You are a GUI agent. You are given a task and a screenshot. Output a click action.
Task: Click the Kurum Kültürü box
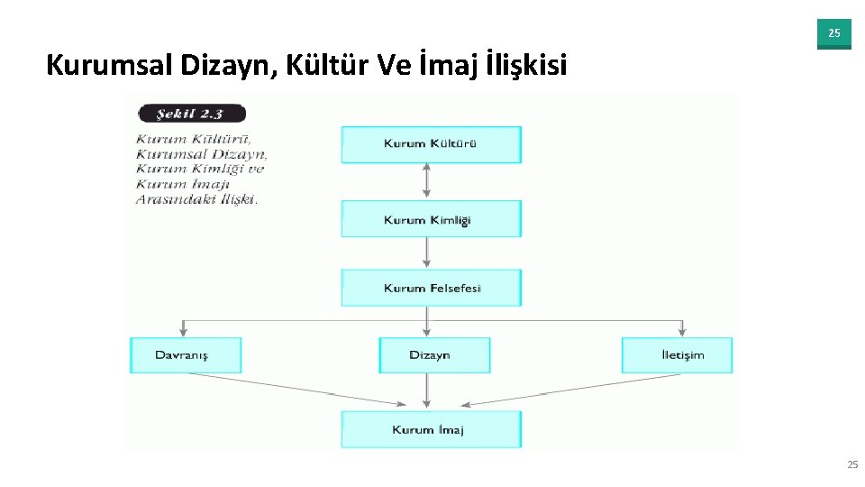point(431,144)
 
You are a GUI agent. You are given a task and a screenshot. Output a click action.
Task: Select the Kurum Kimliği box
point(431,220)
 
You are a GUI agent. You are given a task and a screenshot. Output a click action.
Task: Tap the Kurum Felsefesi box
point(431,288)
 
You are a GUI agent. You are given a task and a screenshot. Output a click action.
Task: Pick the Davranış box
point(186,354)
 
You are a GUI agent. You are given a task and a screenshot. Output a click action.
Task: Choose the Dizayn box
point(434,354)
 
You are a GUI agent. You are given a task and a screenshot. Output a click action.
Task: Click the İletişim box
point(677,354)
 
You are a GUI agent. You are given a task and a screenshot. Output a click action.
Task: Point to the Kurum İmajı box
point(431,429)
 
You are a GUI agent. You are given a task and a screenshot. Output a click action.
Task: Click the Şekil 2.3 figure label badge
point(190,114)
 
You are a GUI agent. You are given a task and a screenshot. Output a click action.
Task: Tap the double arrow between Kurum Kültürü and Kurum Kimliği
point(427,181)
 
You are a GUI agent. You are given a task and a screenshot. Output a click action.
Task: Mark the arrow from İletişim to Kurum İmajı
point(577,390)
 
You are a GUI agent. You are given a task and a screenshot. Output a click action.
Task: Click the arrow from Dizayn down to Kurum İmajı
point(427,391)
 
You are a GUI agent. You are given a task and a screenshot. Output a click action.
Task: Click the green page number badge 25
point(833,33)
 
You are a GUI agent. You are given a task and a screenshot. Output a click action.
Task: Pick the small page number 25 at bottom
point(852,464)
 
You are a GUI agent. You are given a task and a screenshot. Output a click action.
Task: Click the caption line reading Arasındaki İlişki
point(196,199)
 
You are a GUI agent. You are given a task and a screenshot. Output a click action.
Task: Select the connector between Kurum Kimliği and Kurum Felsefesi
point(427,253)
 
